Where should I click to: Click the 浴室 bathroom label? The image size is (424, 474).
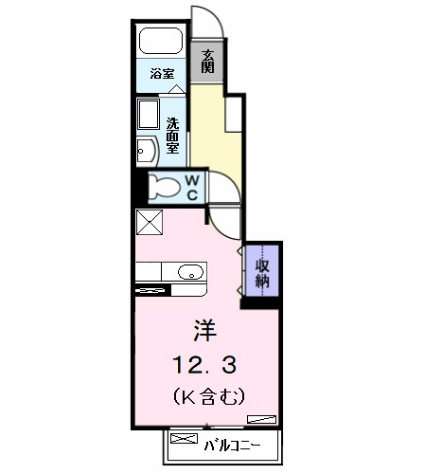(x=162, y=74)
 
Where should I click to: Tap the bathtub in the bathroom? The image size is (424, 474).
(x=161, y=41)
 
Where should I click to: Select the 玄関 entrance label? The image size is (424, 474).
(x=208, y=62)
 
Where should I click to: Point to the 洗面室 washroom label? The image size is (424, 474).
(x=172, y=136)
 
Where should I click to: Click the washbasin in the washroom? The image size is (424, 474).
(x=148, y=152)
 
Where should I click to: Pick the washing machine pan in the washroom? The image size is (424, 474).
(x=149, y=115)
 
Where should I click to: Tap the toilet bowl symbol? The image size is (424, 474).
(x=164, y=187)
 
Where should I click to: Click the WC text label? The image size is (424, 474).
(x=192, y=188)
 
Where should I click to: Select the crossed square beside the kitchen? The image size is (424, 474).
(x=150, y=222)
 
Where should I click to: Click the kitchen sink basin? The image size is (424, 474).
(x=190, y=272)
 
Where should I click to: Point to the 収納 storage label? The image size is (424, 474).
(x=262, y=273)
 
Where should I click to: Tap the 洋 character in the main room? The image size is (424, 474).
(x=205, y=330)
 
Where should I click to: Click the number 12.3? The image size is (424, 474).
(x=204, y=365)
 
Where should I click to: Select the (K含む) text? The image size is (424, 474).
(x=209, y=396)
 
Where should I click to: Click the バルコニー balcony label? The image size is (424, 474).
(x=232, y=446)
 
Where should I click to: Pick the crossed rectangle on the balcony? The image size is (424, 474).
(x=184, y=438)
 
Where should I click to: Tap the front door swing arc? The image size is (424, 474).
(x=216, y=16)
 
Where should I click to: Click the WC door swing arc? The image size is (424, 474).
(x=231, y=182)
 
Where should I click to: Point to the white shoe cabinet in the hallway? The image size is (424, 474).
(x=234, y=114)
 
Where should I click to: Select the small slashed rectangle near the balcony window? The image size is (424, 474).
(x=261, y=419)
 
